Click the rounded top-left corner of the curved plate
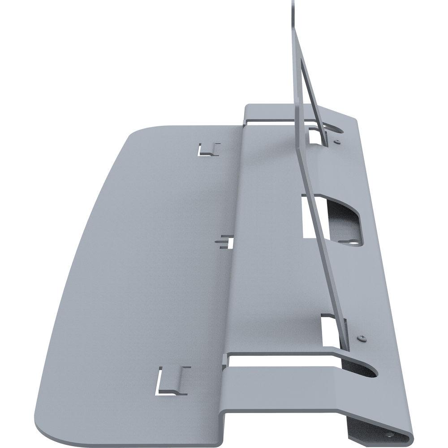tap(134, 131)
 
